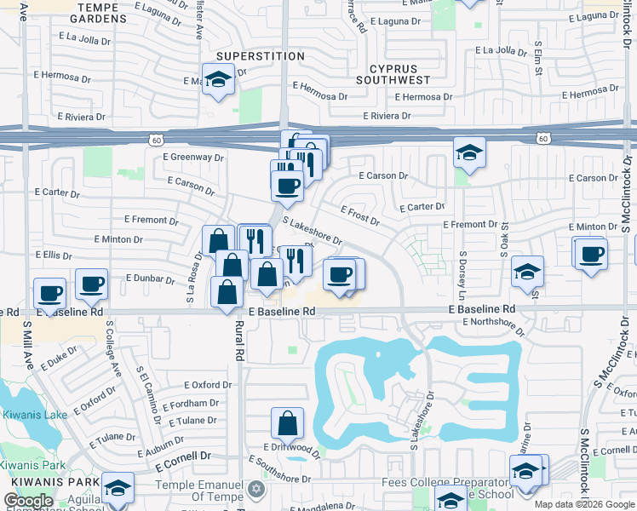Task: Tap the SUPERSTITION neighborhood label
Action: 260,56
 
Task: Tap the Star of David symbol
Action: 256,489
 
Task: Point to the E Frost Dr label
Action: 359,215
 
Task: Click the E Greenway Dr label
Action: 193,157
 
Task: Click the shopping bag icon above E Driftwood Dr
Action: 288,422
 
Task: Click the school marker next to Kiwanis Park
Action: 118,487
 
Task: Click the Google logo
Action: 29,501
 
